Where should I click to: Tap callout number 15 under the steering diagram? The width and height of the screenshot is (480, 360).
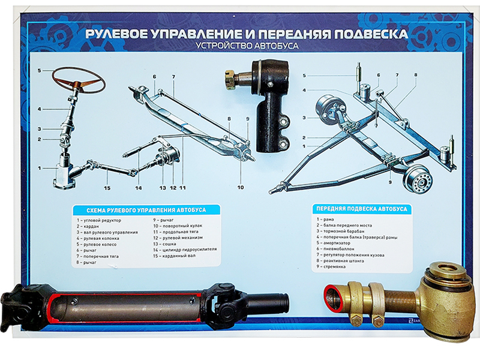pyautogui.click(x=107, y=188)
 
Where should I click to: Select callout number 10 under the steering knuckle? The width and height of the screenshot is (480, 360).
pyautogui.click(x=241, y=187)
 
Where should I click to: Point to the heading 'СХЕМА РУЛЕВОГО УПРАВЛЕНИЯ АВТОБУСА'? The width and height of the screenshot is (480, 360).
pyautogui.click(x=146, y=211)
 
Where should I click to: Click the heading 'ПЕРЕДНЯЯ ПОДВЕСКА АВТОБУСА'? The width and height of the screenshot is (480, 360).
pyautogui.click(x=362, y=209)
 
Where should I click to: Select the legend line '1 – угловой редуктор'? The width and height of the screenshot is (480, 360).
pyautogui.click(x=99, y=220)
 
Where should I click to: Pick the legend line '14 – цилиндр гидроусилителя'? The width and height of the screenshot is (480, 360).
pyautogui.click(x=185, y=250)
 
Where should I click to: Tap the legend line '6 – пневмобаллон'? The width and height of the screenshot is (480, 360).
pyautogui.click(x=335, y=249)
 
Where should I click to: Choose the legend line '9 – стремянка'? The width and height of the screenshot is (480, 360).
pyautogui.click(x=331, y=266)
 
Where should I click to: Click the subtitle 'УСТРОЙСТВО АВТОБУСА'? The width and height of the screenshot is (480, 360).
pyautogui.click(x=247, y=46)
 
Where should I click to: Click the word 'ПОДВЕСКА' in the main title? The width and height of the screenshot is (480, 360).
pyautogui.click(x=370, y=34)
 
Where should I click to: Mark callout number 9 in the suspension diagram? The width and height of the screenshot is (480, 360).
pyautogui.click(x=390, y=182)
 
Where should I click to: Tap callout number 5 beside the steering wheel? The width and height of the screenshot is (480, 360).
pyautogui.click(x=39, y=71)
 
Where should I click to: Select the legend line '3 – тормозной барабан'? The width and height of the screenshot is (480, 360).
pyautogui.click(x=340, y=231)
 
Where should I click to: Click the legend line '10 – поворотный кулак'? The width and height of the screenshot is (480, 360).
pyautogui.click(x=178, y=226)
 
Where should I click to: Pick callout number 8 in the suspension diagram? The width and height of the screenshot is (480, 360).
pyautogui.click(x=416, y=74)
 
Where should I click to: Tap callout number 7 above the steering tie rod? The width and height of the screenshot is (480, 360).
pyautogui.click(x=173, y=77)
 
